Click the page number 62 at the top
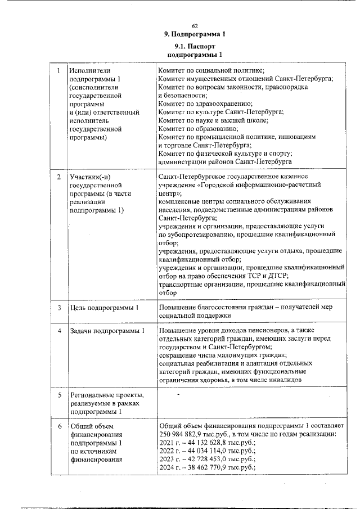tap(195, 26)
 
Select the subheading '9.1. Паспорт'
tap(195, 46)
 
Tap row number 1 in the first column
tap(58, 71)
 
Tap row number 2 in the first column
tap(58, 177)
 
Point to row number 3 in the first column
tap(58, 308)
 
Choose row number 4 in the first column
tap(58, 330)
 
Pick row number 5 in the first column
tap(58, 395)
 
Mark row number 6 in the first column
tap(58, 426)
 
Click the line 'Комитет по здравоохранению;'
tap(205, 104)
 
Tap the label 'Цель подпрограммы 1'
tap(104, 308)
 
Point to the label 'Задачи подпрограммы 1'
tap(107, 330)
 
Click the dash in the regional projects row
tap(178, 395)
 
